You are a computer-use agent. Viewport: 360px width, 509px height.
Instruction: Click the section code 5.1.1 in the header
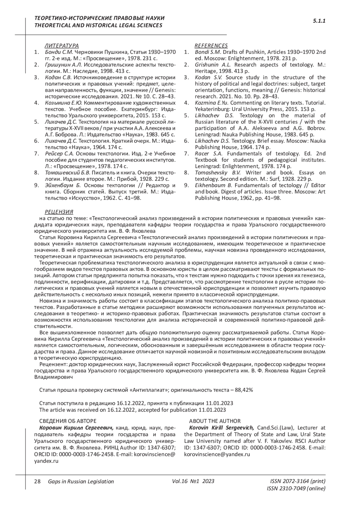coord(319,21)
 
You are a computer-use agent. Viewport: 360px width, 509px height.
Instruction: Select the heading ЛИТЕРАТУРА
coord(61,46)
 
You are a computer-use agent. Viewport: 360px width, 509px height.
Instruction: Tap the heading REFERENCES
coord(211,46)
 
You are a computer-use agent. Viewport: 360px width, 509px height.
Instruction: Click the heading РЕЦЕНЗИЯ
coord(59,212)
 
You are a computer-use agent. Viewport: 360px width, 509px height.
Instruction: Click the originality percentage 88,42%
coord(244,390)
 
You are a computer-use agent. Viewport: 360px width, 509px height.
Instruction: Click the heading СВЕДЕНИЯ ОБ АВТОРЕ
coord(68,421)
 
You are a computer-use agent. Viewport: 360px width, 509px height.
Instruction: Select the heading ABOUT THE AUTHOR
coord(215,421)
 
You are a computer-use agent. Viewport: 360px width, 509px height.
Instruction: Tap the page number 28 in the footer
coord(37,481)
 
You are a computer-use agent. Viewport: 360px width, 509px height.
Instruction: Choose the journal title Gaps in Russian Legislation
coord(81,481)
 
